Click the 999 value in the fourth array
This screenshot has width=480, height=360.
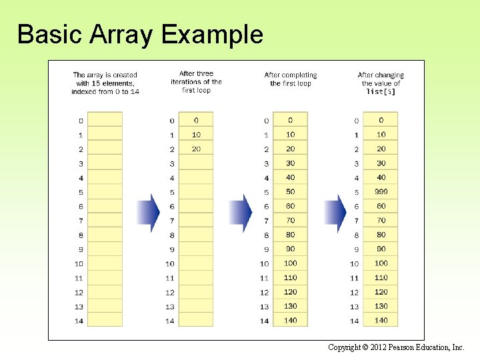pyautogui.click(x=381, y=192)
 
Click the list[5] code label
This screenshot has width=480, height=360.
pyautogui.click(x=381, y=92)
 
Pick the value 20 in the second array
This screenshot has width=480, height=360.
pyautogui.click(x=196, y=149)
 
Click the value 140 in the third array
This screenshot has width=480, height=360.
pyautogui.click(x=290, y=321)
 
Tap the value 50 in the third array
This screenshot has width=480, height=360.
pyautogui.click(x=290, y=192)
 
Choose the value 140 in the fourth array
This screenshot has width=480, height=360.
pyautogui.click(x=381, y=321)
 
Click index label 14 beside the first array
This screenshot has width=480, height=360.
pyautogui.click(x=79, y=321)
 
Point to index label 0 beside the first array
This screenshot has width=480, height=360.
pyautogui.click(x=81, y=121)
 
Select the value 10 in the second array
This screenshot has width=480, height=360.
pyautogui.click(x=196, y=135)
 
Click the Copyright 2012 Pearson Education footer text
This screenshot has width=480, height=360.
pyautogui.click(x=396, y=348)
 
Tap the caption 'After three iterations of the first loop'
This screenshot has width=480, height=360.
pyautogui.click(x=196, y=82)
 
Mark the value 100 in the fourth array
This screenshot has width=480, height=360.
pyautogui.click(x=381, y=263)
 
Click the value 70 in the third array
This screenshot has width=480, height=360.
pyautogui.click(x=290, y=221)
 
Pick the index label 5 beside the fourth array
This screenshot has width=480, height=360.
pyautogui.click(x=357, y=193)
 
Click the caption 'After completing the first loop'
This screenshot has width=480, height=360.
pyautogui.click(x=291, y=79)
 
